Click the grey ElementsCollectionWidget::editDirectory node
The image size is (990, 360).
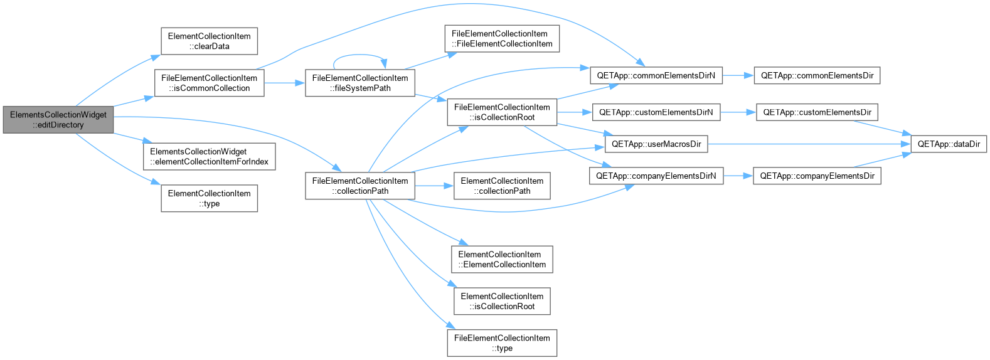(x=58, y=120)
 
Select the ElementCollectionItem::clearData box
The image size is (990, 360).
(x=209, y=41)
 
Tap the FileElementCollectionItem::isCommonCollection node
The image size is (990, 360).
(x=209, y=83)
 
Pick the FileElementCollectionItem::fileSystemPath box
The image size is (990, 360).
(x=359, y=83)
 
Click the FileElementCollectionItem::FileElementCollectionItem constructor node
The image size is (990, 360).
(x=502, y=38)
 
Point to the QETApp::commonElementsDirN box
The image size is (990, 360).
(x=656, y=75)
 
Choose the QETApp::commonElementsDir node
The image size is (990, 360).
(x=817, y=75)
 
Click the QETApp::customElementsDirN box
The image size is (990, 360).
(x=656, y=112)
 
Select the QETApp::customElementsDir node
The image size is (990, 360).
(x=817, y=112)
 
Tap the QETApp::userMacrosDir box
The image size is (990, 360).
(x=656, y=144)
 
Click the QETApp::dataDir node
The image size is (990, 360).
(x=949, y=144)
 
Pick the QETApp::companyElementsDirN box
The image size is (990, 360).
(x=656, y=176)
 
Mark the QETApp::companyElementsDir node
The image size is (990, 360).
(x=817, y=176)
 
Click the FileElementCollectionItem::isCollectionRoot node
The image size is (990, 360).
(x=502, y=112)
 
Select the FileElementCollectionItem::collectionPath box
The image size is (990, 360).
(x=359, y=186)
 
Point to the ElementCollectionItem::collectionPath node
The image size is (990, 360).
(x=502, y=186)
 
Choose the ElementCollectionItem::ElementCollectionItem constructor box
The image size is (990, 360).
(x=502, y=259)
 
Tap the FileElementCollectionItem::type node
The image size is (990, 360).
(x=502, y=343)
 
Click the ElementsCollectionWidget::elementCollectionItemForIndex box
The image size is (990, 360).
(x=209, y=156)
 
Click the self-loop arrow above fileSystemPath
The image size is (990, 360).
(x=359, y=55)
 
